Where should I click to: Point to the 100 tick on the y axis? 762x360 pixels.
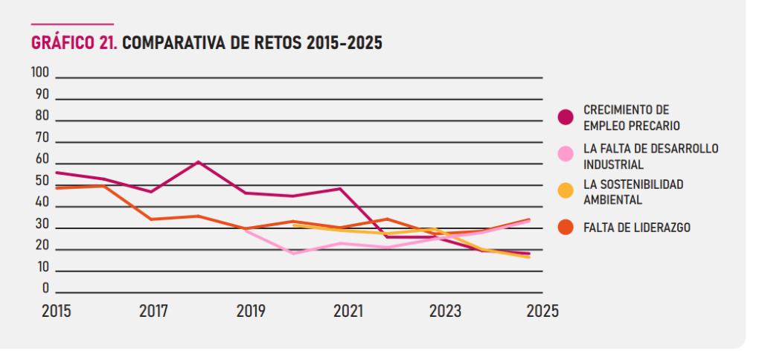coord(39,73)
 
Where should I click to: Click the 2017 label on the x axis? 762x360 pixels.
coord(153,311)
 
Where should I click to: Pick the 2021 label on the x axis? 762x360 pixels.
coord(347,311)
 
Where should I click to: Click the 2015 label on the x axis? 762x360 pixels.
coord(57,311)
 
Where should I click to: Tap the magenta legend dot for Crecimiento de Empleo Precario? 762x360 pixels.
coord(566,117)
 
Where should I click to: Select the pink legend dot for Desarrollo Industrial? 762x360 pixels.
coord(566,154)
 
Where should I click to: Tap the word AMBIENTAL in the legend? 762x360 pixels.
coord(612,199)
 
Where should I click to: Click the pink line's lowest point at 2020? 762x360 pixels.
coord(295,254)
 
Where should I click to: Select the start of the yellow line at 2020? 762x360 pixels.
coord(295,225)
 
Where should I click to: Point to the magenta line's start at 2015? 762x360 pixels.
coord(57,173)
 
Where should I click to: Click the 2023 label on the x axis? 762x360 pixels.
coord(444,311)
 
